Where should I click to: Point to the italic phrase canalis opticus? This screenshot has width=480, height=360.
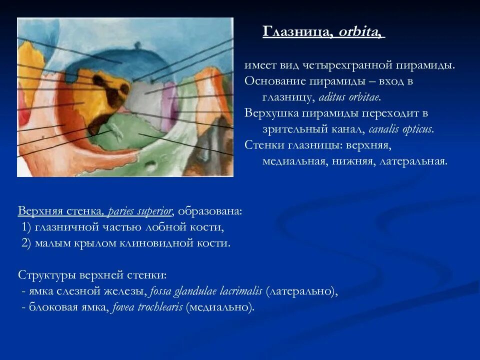pos(401,129)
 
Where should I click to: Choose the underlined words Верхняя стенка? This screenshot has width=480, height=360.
pos(60,210)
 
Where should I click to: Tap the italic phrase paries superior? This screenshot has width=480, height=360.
pos(140,210)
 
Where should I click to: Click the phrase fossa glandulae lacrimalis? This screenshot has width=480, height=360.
pos(206,291)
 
